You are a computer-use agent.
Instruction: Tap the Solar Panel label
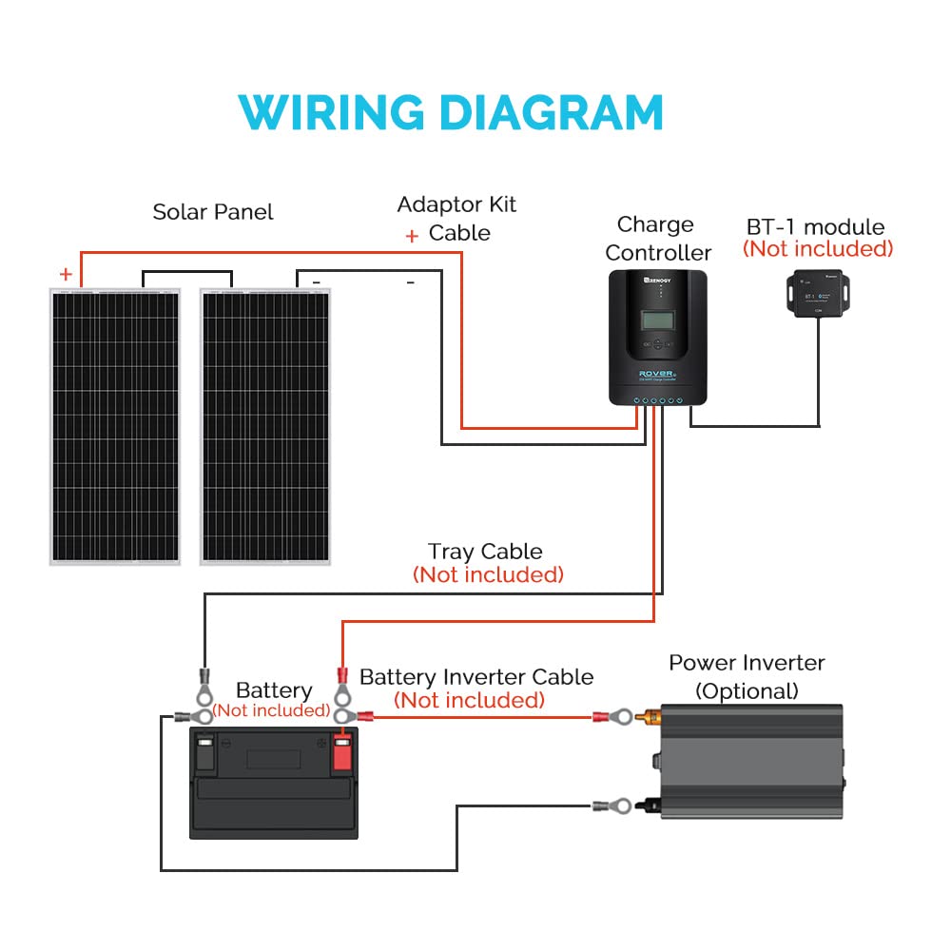point(213,211)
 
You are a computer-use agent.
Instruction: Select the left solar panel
point(114,426)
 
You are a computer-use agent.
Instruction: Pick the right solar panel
point(266,426)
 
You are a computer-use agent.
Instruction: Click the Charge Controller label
point(657,239)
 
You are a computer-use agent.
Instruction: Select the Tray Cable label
point(485,552)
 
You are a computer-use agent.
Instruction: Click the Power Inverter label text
point(747,663)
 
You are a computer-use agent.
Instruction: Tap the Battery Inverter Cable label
point(475,677)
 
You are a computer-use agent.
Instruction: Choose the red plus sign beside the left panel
point(66,274)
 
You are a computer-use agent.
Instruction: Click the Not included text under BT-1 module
point(818,249)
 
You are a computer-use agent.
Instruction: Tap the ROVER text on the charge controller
point(656,374)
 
